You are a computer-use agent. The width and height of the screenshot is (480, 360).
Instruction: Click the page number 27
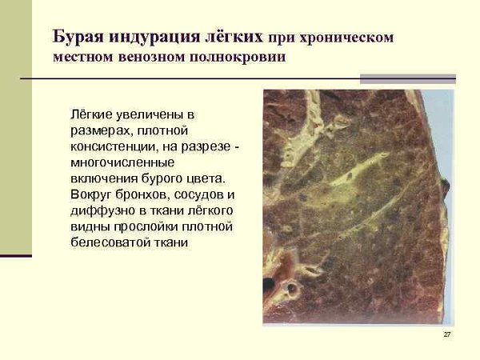(446, 334)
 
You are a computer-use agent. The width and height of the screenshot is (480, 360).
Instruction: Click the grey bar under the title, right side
(407, 78)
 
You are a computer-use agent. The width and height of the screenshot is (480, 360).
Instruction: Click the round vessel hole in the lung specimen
(282, 285)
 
